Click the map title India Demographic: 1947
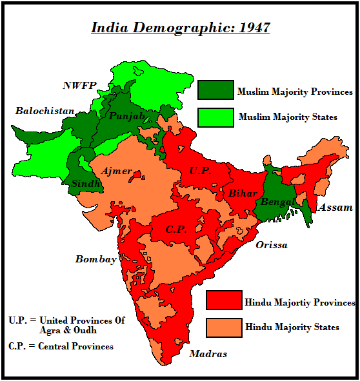tap(180, 28)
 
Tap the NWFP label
tap(81, 85)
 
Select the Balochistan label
tap(45, 111)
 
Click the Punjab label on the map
tap(126, 116)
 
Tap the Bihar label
tap(242, 193)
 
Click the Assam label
tap(335, 208)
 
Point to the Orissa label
tap(271, 245)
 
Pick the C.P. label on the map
tap(176, 229)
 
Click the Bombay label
tap(96, 259)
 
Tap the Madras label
tap(208, 353)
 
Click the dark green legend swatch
tap(215, 90)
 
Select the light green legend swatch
tap(215, 117)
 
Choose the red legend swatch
tap(224, 301)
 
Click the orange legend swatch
tap(224, 327)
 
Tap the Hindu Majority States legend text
tap(292, 327)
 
